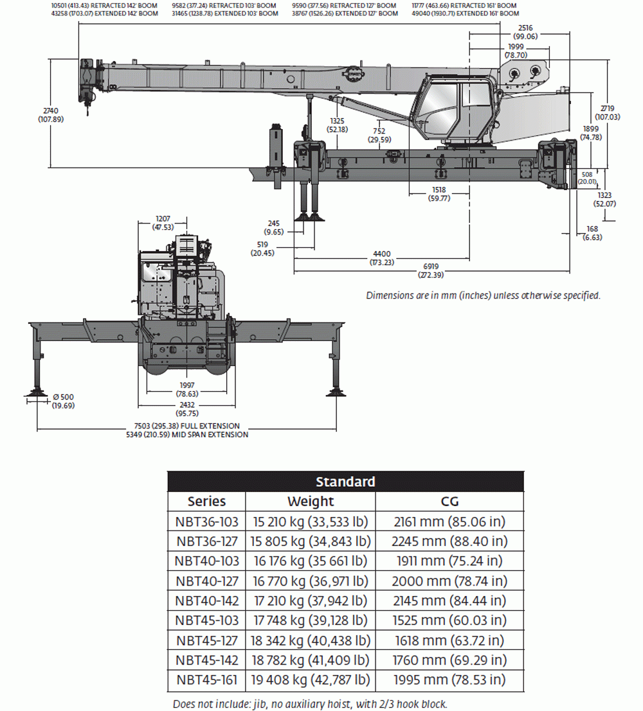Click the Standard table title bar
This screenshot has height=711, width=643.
pyautogui.click(x=345, y=482)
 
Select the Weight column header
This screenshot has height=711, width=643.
pyautogui.click(x=311, y=502)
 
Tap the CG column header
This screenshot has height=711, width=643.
pyautogui.click(x=449, y=502)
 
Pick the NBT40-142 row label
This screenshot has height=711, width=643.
pyautogui.click(x=206, y=601)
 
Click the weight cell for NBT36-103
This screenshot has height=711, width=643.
pyautogui.click(x=311, y=522)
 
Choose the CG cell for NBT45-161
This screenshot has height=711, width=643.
pyautogui.click(x=449, y=680)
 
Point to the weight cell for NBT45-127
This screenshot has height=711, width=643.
pyautogui.click(x=311, y=640)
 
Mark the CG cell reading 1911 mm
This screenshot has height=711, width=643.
pyautogui.click(x=449, y=561)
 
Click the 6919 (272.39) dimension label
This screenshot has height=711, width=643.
pyautogui.click(x=431, y=270)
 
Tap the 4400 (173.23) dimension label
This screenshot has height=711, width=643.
pyautogui.click(x=382, y=258)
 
